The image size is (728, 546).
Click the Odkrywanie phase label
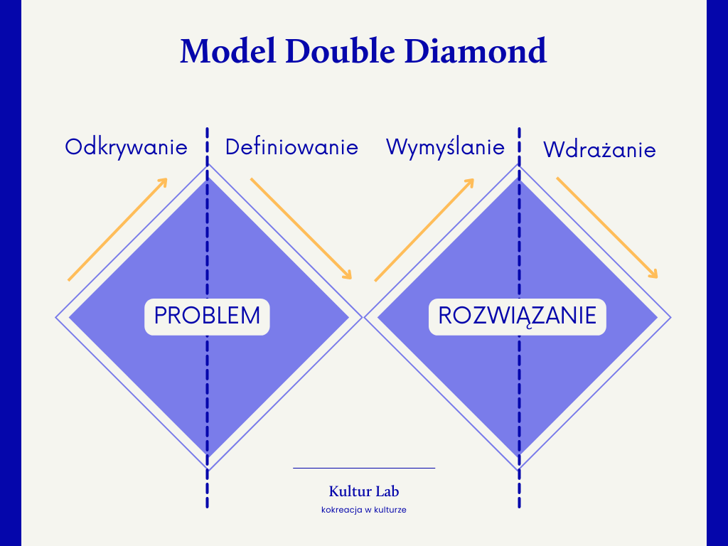(x=126, y=147)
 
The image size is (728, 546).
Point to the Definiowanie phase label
(x=291, y=147)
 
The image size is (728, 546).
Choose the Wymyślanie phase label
(x=445, y=147)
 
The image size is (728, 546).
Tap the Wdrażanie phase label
(x=599, y=150)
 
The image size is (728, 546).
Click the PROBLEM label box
(x=207, y=316)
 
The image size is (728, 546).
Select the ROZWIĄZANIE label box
(x=517, y=316)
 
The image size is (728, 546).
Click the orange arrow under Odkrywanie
(x=117, y=229)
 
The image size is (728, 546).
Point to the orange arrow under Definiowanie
(x=301, y=228)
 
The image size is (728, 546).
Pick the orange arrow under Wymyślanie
(x=424, y=229)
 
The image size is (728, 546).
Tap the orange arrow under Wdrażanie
(x=607, y=227)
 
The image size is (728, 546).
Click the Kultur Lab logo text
(x=363, y=491)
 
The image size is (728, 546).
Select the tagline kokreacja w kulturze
(x=363, y=510)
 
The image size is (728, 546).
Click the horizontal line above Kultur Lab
(x=363, y=468)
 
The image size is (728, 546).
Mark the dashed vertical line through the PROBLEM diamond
(x=207, y=398)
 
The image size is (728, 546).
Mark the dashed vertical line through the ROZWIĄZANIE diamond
(x=518, y=398)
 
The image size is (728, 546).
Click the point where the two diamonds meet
(x=363, y=316)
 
